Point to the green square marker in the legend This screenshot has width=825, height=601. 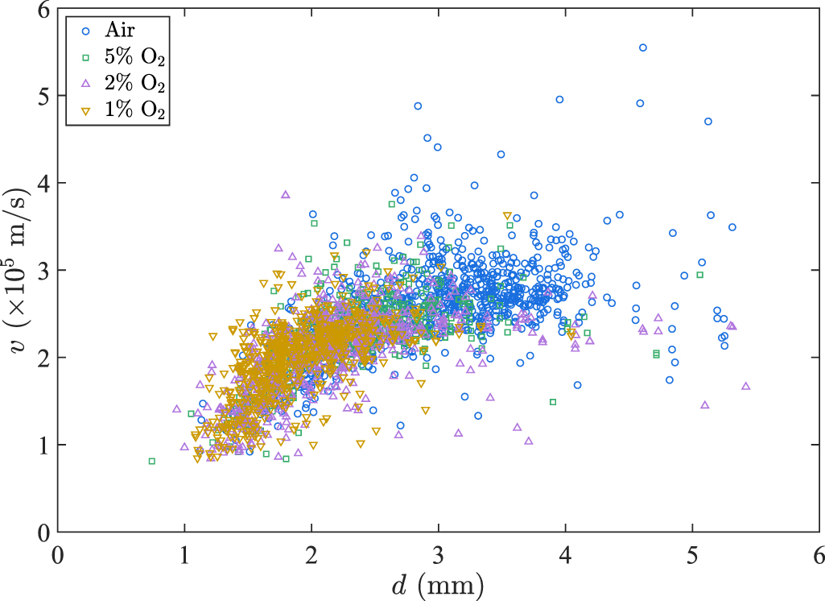(85, 57)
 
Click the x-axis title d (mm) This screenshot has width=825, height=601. (438, 582)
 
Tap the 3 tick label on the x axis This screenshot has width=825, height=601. (438, 554)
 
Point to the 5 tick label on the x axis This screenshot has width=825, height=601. (692, 554)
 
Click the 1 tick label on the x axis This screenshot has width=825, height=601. (184, 554)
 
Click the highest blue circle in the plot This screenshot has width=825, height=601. (642, 48)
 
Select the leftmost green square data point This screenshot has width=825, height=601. (151, 461)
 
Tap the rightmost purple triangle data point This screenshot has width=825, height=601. (745, 386)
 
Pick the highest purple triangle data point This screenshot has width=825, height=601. (285, 194)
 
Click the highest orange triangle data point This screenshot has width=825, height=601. (506, 216)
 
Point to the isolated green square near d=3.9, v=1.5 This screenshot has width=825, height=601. (553, 401)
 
